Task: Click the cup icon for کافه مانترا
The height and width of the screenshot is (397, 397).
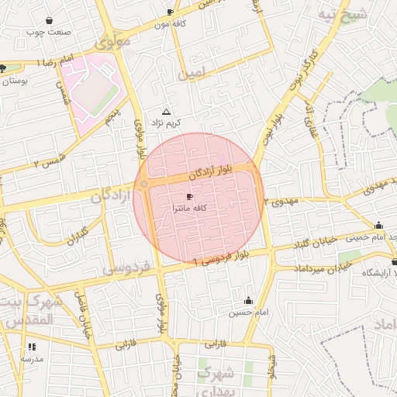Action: coord(189,198)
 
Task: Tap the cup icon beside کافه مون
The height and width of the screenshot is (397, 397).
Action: coord(170,12)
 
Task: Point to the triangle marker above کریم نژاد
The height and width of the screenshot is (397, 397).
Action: coord(165,112)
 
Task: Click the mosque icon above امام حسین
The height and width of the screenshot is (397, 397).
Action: coord(248,300)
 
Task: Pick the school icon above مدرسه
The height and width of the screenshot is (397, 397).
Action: coord(32,347)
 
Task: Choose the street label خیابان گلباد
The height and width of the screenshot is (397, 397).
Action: coord(316,242)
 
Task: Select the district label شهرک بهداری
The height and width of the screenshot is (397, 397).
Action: coord(219,381)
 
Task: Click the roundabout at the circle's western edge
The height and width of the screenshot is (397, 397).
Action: coord(144,184)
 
